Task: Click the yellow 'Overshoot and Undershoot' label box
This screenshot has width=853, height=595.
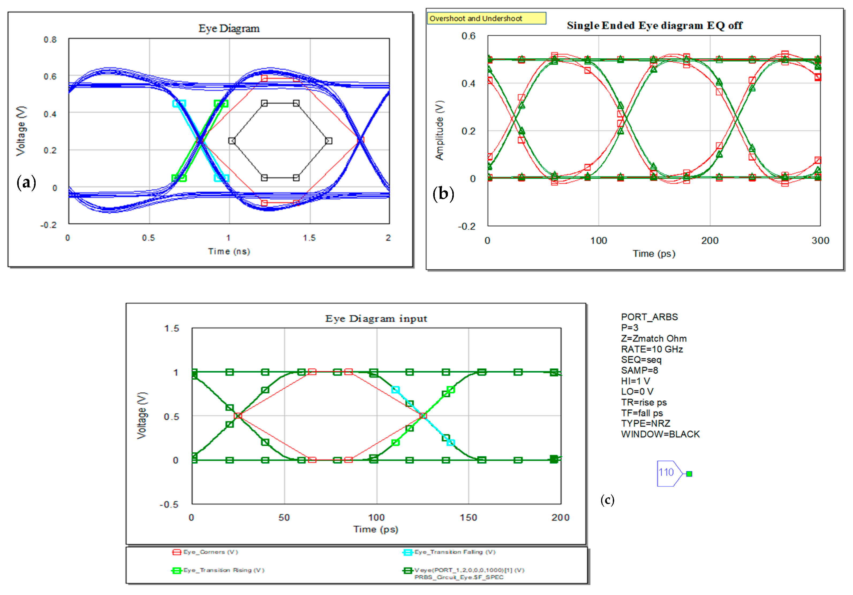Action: click(x=486, y=18)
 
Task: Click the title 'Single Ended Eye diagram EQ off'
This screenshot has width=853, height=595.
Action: click(x=654, y=26)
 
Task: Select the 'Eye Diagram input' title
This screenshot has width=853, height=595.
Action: click(x=376, y=319)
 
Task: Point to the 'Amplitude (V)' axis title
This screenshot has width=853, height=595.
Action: click(x=440, y=130)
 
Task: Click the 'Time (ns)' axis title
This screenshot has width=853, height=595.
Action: click(x=229, y=251)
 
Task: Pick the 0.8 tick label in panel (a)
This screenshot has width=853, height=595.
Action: click(x=50, y=40)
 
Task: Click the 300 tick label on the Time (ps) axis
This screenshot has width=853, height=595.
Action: click(x=820, y=241)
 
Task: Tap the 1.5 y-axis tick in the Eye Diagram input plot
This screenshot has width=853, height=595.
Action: click(x=171, y=328)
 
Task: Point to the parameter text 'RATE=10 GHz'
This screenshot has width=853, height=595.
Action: click(x=652, y=349)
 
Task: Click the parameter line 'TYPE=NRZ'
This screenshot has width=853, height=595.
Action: click(x=645, y=423)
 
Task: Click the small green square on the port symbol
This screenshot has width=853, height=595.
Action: click(x=689, y=474)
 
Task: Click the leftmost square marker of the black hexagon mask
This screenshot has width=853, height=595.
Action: click(x=232, y=141)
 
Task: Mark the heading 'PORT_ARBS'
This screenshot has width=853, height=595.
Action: click(x=649, y=317)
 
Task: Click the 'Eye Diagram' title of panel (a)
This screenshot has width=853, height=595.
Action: click(x=229, y=29)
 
